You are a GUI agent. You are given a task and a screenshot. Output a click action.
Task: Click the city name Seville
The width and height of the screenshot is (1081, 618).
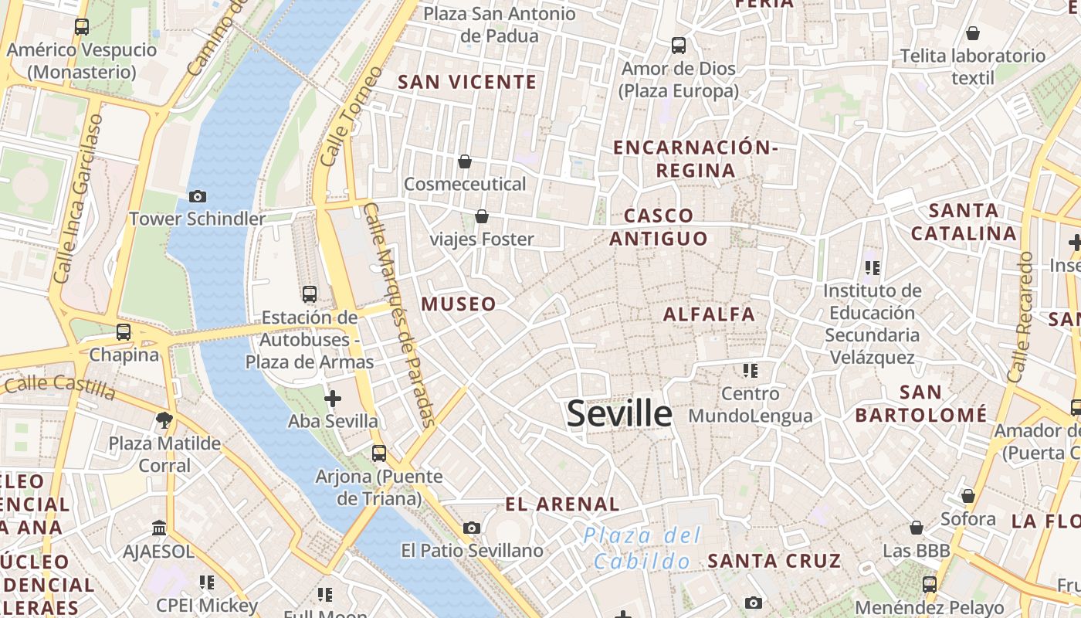pos(619,414)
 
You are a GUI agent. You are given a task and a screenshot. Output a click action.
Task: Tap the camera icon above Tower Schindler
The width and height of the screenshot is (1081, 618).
pos(198,197)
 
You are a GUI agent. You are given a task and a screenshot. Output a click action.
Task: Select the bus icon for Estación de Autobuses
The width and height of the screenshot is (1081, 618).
pos(310,294)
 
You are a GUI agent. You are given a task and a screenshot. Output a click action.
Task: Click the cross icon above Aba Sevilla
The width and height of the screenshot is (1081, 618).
pos(333,399)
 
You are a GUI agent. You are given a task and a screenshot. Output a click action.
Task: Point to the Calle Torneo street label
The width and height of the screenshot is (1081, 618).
pos(351,117)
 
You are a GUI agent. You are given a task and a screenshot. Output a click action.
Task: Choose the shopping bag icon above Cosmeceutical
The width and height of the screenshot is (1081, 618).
pos(465,161)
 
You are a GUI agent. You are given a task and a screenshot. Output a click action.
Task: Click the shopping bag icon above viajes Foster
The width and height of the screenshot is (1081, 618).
pos(482,216)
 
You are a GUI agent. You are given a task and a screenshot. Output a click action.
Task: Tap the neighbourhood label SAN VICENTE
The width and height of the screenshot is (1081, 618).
pos(466,82)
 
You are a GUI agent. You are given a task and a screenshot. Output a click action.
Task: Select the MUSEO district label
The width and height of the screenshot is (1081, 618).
pos(459,304)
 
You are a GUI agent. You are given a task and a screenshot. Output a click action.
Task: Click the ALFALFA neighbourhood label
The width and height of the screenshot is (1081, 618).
pos(709,314)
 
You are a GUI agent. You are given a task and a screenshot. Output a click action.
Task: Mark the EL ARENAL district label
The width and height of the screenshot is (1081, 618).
pos(562,504)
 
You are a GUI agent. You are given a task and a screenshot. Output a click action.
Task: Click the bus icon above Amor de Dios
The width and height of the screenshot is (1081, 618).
pos(679,46)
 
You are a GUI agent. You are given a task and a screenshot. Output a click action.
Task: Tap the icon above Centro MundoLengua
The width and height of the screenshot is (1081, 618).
pos(750,371)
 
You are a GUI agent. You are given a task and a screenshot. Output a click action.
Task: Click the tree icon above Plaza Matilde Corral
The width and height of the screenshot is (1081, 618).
pos(164,420)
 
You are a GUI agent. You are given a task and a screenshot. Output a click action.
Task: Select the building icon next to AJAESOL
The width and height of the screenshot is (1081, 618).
pos(159,528)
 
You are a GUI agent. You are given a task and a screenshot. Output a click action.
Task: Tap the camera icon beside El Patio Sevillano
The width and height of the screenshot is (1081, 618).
pos(472,528)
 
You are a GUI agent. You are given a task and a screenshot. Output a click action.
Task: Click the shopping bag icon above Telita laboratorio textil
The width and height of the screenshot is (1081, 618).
pos(973,33)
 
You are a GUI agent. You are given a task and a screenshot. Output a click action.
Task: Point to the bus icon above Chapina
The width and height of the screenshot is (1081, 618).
pos(124,332)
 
